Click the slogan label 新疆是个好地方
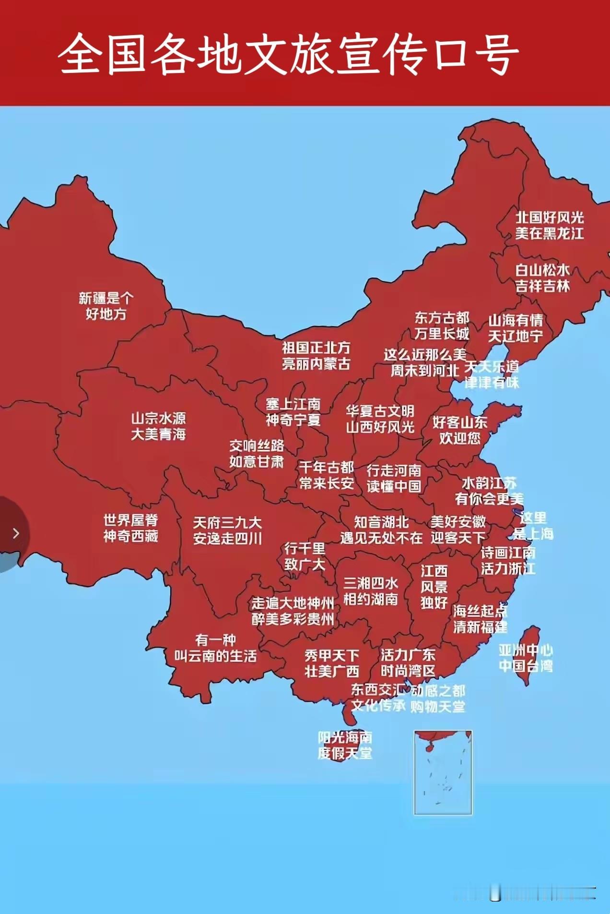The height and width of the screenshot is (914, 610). click(x=106, y=306)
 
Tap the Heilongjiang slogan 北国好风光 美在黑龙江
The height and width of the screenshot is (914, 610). click(x=550, y=225)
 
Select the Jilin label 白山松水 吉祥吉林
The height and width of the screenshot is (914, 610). click(x=542, y=278)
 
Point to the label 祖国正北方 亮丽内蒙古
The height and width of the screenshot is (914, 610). click(x=316, y=356)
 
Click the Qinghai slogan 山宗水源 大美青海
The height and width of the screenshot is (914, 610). click(x=158, y=426)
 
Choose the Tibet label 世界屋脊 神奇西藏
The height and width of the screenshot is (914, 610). click(x=130, y=528)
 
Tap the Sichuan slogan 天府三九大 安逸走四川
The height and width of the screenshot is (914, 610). click(x=227, y=530)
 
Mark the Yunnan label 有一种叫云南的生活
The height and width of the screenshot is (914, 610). click(x=215, y=648)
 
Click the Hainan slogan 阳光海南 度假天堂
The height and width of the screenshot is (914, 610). click(x=345, y=745)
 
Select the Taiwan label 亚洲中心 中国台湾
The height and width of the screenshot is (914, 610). click(x=526, y=658)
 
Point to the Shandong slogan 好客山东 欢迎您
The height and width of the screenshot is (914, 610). click(x=460, y=430)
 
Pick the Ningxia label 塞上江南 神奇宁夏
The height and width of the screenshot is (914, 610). click(x=293, y=412)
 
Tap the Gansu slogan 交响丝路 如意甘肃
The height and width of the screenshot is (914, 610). click(x=257, y=454)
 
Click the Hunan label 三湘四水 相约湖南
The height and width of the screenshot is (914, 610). click(x=371, y=591)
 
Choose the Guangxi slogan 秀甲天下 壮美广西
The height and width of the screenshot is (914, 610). click(x=332, y=663)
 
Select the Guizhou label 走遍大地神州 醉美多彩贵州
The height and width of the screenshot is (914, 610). click(x=293, y=611)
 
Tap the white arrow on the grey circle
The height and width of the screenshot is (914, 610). click(x=16, y=533)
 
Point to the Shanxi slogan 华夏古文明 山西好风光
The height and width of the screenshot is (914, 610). click(x=380, y=419)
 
